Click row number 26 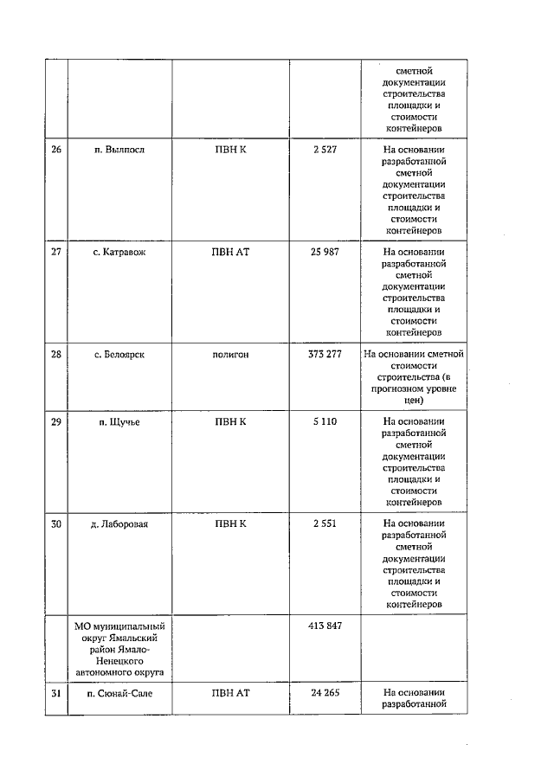[x=56, y=150]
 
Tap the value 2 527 [x=325, y=150]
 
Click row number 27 [x=56, y=253]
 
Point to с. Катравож [x=119, y=253]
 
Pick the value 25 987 [x=325, y=253]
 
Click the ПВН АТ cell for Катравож [x=230, y=253]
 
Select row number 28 [x=56, y=354]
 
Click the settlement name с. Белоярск [x=119, y=354]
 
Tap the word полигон [x=230, y=354]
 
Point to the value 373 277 [x=325, y=354]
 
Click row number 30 [x=56, y=523]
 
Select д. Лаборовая [x=119, y=523]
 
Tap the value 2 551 [x=325, y=523]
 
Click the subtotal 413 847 [x=325, y=625]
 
